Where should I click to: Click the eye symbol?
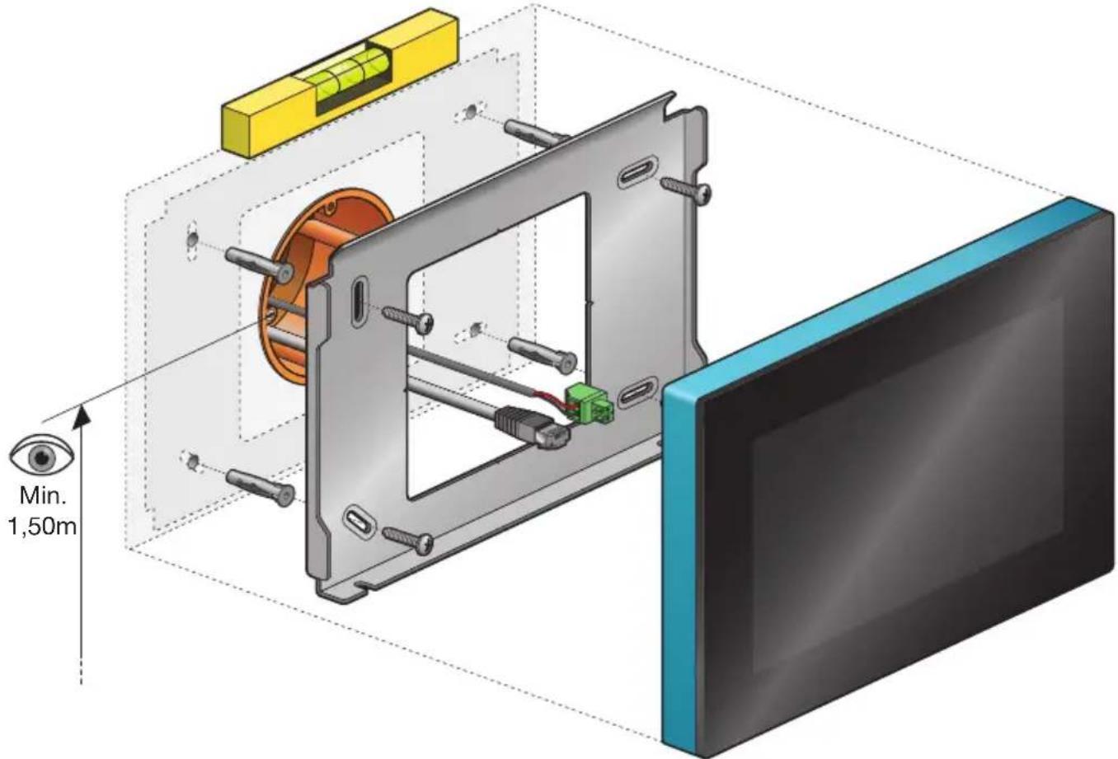(42, 456)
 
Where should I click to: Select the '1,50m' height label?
(42, 527)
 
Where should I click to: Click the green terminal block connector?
(589, 403)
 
